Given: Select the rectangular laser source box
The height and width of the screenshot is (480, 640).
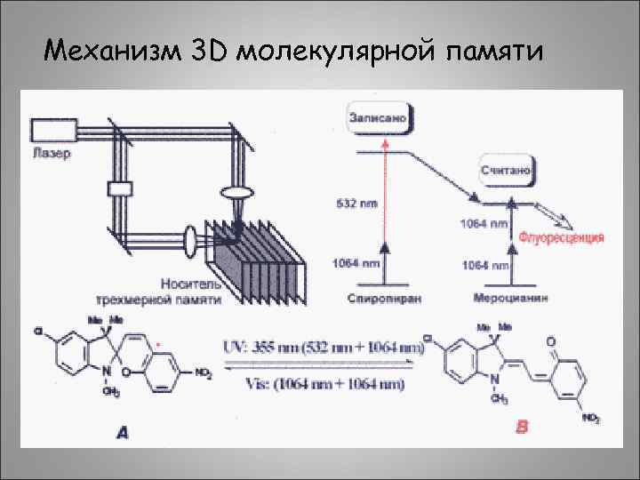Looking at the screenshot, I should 59,131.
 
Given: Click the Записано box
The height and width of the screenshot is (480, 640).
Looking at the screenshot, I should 380,116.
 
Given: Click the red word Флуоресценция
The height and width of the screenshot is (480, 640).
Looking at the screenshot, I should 562,237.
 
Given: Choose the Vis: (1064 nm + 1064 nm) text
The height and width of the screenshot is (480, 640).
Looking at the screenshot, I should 320,384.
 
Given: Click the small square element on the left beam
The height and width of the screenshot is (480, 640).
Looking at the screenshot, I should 119,188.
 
